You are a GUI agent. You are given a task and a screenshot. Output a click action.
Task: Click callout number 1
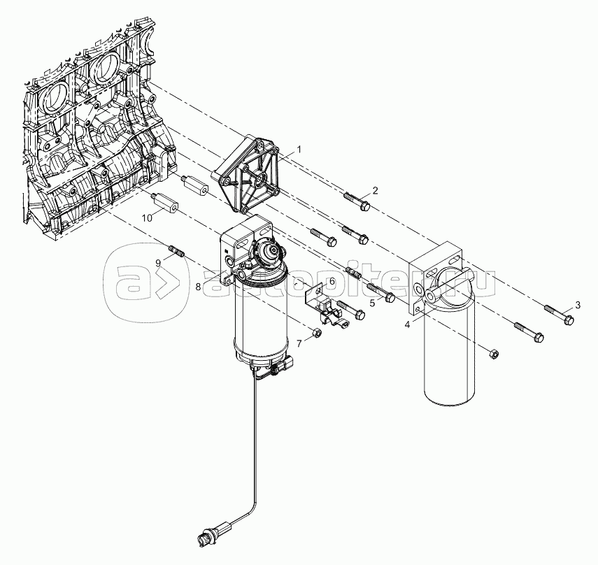[299, 150]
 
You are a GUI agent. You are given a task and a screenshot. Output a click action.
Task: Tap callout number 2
[376, 191]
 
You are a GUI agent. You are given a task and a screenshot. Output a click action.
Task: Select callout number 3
[578, 305]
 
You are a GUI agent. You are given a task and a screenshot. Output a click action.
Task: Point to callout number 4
[407, 325]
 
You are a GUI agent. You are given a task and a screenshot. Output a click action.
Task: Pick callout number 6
[332, 281]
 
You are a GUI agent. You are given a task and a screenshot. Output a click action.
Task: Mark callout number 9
[158, 262]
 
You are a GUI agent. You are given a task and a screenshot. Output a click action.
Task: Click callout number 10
[147, 217]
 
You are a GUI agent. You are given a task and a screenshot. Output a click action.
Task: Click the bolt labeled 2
[357, 201]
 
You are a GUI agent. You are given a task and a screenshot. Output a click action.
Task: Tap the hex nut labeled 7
[316, 334]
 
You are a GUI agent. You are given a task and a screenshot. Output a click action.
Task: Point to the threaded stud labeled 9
[176, 252]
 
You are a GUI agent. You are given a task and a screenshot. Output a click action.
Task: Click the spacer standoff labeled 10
[165, 203]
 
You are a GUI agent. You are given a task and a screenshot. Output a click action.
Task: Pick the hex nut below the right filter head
[493, 353]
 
